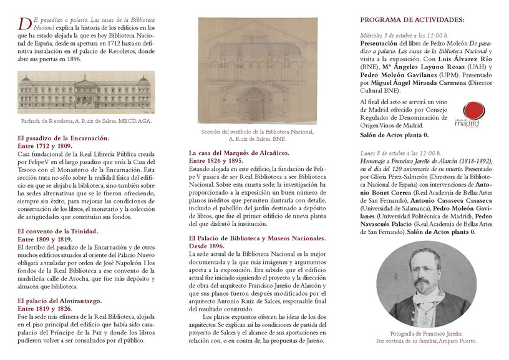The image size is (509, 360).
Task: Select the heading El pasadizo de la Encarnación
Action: coord(63,138)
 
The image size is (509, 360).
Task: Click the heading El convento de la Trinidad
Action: coord(58,231)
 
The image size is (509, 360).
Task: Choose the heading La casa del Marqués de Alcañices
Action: coord(244,152)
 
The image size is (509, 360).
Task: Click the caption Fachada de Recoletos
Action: coord(85,122)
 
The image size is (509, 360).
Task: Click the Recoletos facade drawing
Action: coord(86,92)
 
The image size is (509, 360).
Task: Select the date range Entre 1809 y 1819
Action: coord(44,238)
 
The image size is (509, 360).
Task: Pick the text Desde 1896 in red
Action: coord(208,246)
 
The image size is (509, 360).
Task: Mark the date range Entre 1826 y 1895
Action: coord(216,160)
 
